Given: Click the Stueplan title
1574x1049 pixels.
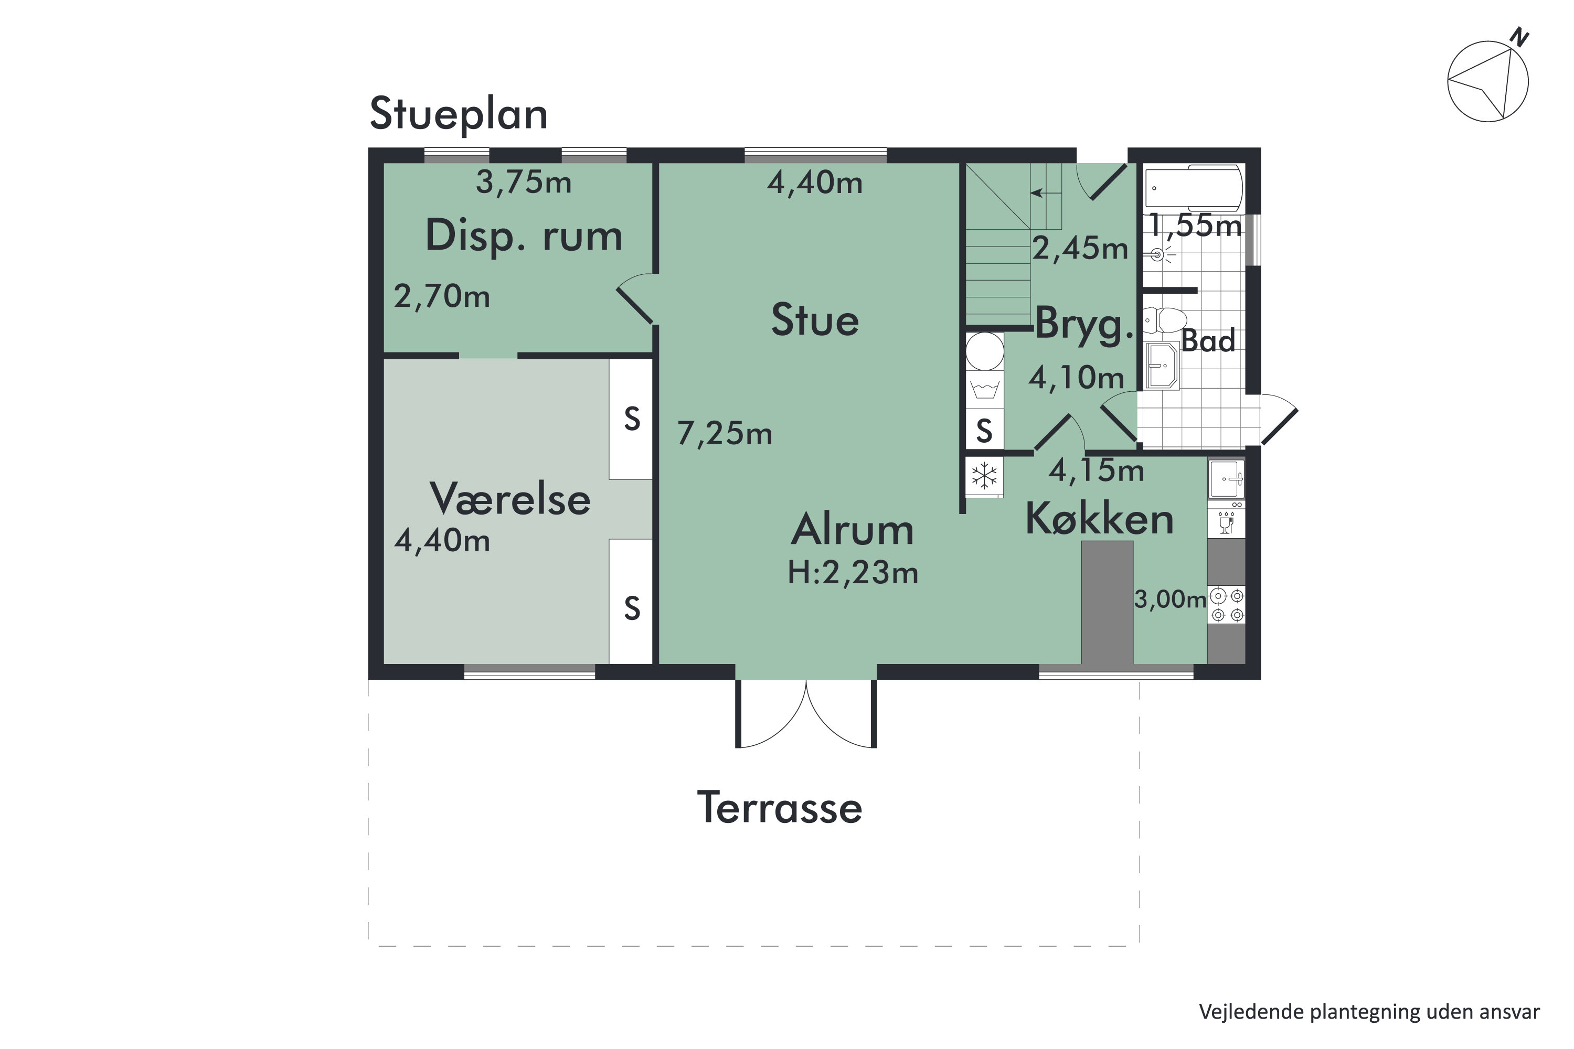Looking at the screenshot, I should pyautogui.click(x=459, y=114).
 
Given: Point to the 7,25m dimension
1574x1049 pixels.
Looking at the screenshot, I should pyautogui.click(x=725, y=434).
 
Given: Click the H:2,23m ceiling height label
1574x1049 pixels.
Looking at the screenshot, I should pyautogui.click(x=853, y=573).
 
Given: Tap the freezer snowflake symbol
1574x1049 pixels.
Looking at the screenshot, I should pyautogui.click(x=984, y=476).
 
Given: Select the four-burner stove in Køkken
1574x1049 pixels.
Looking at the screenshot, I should pyautogui.click(x=1227, y=605).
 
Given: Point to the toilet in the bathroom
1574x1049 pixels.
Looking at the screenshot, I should pyautogui.click(x=1164, y=320).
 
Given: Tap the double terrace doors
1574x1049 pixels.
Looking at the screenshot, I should pyautogui.click(x=806, y=714).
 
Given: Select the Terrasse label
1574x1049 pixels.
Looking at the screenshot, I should pyautogui.click(x=780, y=808).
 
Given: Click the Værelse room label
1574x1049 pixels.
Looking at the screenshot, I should pyautogui.click(x=510, y=499).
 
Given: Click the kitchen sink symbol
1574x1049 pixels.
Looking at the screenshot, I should pyautogui.click(x=1226, y=479).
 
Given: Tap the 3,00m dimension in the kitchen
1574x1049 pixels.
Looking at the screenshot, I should pyautogui.click(x=1169, y=600).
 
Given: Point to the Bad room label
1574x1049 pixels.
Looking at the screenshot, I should pyautogui.click(x=1208, y=341).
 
